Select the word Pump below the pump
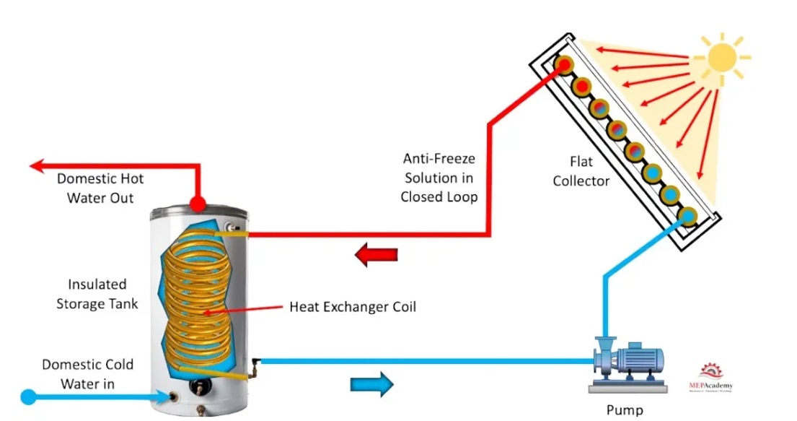(x=624, y=410)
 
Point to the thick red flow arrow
(x=376, y=254)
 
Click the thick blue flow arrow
(x=372, y=383)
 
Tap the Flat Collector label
(x=581, y=172)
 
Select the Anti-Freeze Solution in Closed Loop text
(x=439, y=177)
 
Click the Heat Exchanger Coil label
(x=353, y=307)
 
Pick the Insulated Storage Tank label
(x=97, y=294)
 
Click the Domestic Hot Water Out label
(x=95, y=188)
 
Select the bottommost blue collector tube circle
(x=687, y=215)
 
